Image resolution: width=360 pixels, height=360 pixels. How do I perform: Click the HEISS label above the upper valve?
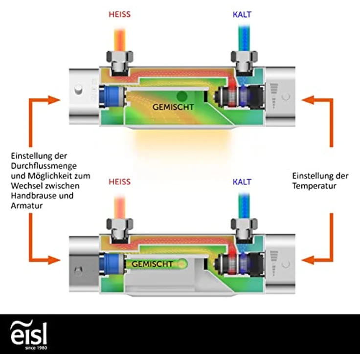click(x=120, y=15)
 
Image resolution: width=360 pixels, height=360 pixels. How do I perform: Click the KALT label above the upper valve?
click(x=242, y=15)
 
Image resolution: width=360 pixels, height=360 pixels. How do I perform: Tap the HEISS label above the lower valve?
click(x=120, y=182)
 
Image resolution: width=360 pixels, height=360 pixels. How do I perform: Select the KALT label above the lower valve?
click(x=242, y=182)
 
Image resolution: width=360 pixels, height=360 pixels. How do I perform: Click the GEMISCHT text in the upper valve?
click(x=173, y=107)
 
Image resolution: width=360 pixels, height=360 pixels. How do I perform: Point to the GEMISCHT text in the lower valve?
click(x=152, y=264)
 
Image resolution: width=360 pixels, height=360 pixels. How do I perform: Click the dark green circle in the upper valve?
click(x=182, y=96)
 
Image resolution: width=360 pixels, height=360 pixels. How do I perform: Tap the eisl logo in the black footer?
click(x=29, y=335)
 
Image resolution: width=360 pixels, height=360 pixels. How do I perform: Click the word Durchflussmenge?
click(x=44, y=166)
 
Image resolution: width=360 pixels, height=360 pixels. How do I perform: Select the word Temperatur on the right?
click(x=314, y=186)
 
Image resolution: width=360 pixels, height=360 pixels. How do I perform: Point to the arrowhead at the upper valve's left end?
click(x=54, y=100)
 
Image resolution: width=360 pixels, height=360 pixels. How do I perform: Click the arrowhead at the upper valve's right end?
click(x=308, y=100)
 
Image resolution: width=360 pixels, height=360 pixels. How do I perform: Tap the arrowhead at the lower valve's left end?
click(x=54, y=260)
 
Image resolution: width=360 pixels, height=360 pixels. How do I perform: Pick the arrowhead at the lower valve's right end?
click(x=308, y=260)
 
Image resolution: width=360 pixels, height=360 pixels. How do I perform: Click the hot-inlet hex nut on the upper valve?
click(x=120, y=56)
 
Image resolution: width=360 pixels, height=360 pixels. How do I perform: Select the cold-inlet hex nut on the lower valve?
click(x=244, y=224)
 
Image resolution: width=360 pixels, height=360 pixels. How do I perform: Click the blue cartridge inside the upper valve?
click(x=112, y=96)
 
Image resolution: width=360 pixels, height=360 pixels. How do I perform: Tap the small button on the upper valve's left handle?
click(x=78, y=90)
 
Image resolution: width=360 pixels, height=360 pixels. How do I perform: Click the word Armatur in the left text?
click(x=26, y=205)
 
